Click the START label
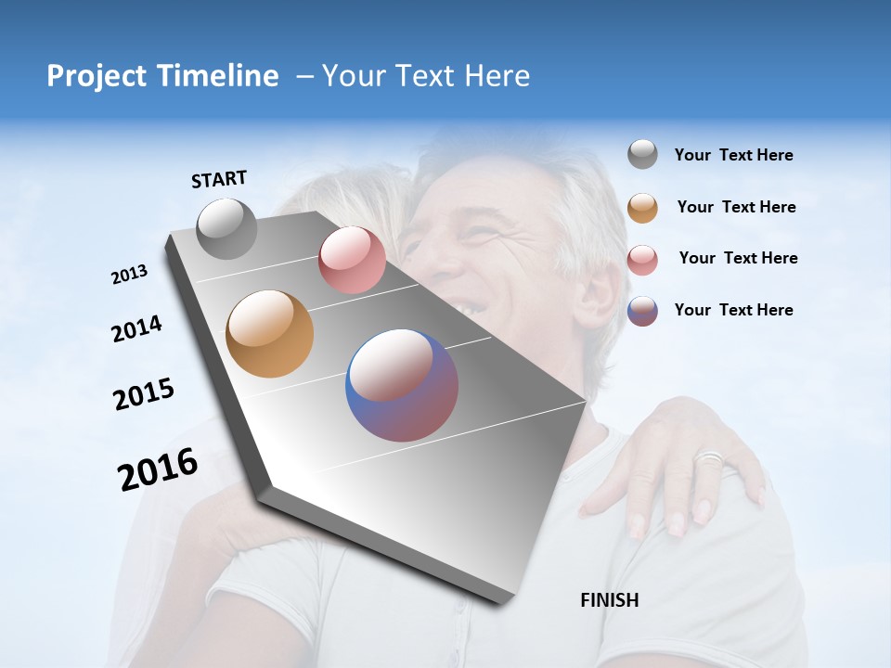219,179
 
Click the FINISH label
609,600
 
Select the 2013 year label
129,275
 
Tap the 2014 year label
136,328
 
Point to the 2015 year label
143,394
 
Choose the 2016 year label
158,469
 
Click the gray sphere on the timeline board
226,228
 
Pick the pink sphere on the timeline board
352,260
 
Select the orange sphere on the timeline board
269,334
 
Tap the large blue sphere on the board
401,385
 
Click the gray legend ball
642,155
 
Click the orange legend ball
642,207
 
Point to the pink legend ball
642,259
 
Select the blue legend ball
642,311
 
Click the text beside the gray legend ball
733,156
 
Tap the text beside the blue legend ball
733,310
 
